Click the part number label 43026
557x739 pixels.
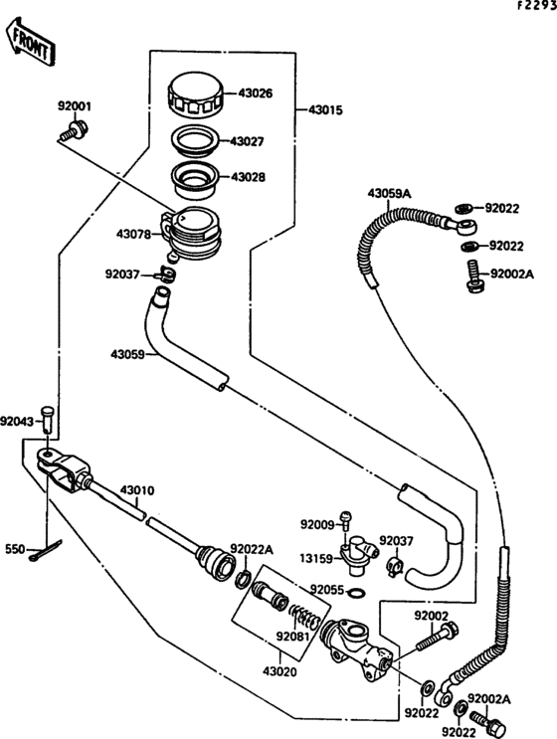click(x=255, y=93)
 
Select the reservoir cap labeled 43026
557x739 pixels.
click(x=196, y=95)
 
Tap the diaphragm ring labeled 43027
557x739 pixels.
click(x=195, y=140)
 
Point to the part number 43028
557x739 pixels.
click(x=249, y=177)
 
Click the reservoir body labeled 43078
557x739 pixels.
click(x=191, y=235)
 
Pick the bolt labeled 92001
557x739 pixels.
click(x=74, y=130)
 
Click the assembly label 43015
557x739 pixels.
click(x=325, y=110)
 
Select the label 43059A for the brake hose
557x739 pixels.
click(x=389, y=193)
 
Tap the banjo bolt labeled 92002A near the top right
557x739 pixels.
click(x=474, y=277)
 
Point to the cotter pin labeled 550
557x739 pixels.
click(x=45, y=550)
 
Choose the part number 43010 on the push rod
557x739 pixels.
click(x=136, y=490)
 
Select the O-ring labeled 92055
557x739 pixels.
click(x=357, y=593)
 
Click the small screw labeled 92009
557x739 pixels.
click(x=346, y=523)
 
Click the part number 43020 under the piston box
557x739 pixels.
click(x=279, y=671)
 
